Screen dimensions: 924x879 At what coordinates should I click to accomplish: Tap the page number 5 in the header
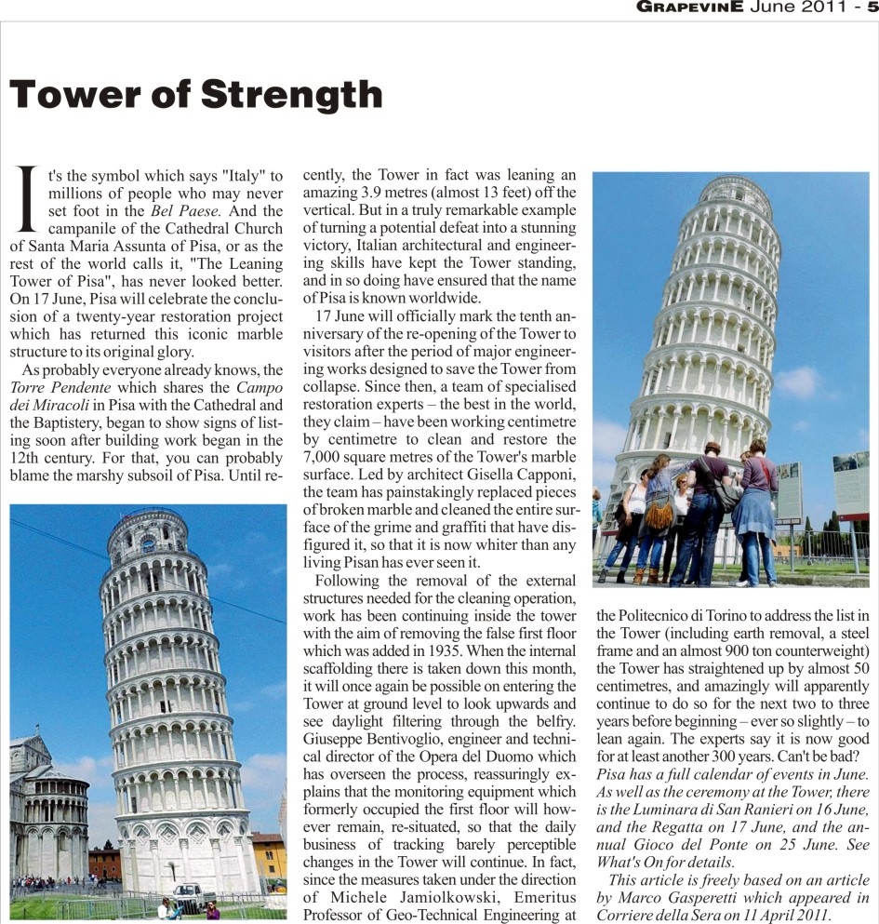pyautogui.click(x=872, y=8)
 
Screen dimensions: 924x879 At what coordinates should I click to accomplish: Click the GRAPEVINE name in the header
pyautogui.click(x=689, y=8)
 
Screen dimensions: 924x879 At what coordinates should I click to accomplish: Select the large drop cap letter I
pyautogui.click(x=28, y=199)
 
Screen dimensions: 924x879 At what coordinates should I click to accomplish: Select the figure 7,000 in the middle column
pyautogui.click(x=326, y=457)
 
